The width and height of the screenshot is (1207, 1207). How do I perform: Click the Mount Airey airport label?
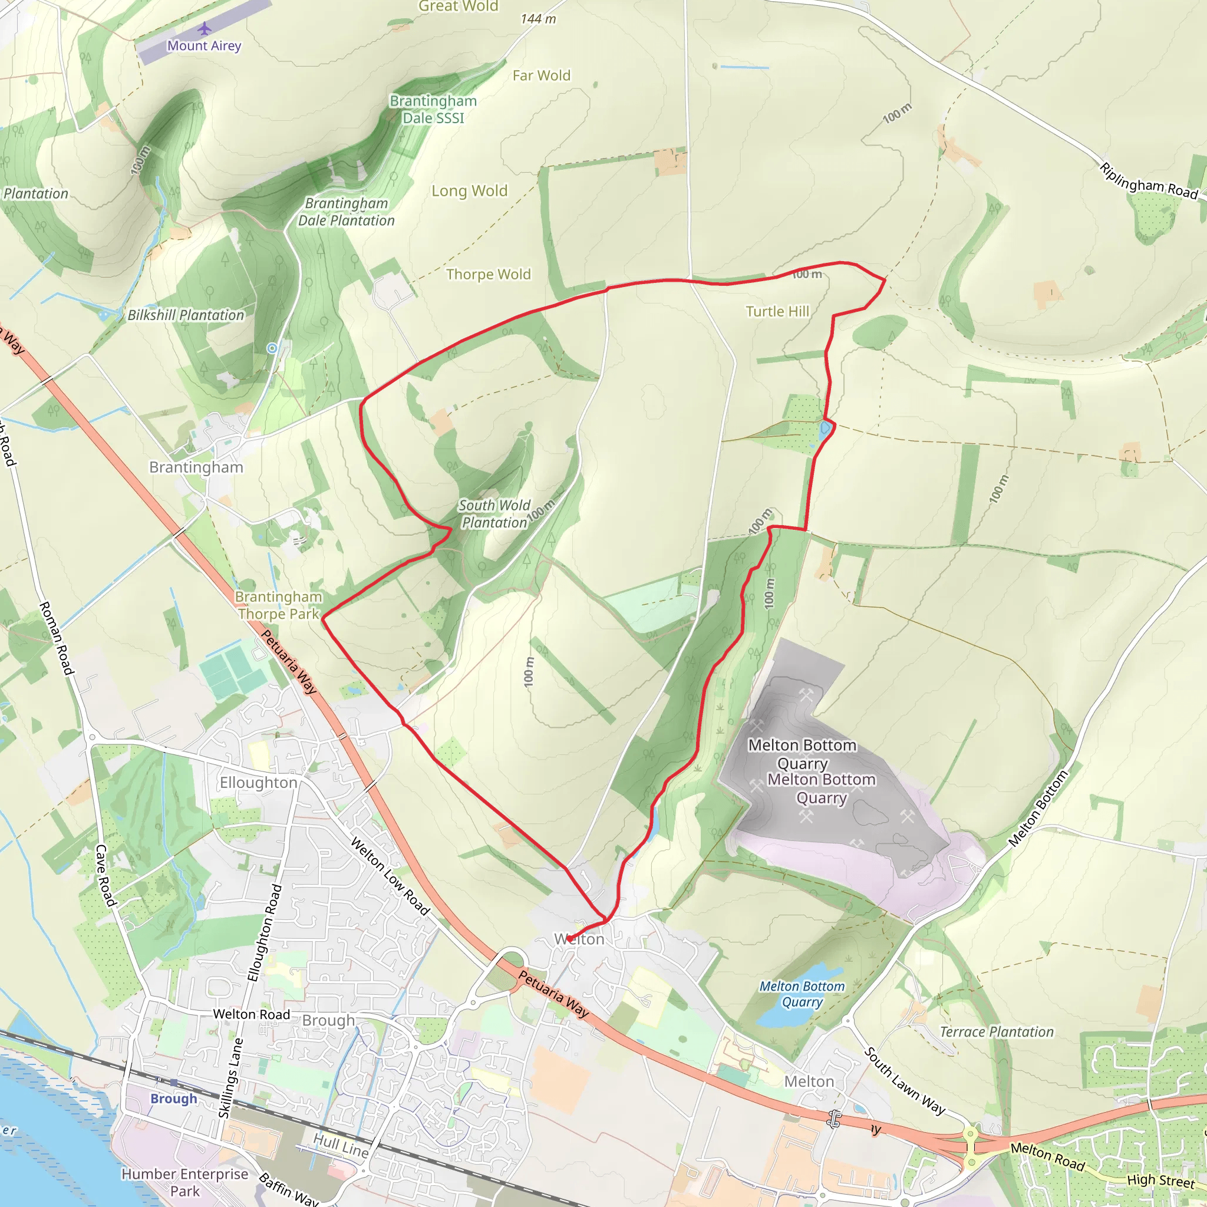(204, 45)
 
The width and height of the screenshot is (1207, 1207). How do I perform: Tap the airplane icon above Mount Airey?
(205, 29)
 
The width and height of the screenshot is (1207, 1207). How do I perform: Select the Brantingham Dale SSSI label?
(433, 110)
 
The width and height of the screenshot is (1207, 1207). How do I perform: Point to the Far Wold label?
(541, 75)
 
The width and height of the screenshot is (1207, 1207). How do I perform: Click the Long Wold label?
(469, 190)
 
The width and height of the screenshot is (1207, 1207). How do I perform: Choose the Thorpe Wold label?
(488, 274)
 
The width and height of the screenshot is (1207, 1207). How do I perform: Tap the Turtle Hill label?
(777, 311)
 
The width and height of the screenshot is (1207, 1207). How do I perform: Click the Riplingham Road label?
(1148, 181)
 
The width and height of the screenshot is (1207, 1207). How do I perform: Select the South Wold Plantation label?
(494, 513)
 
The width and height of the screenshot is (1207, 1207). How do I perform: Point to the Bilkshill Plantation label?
(186, 315)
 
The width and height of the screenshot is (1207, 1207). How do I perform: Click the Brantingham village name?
(196, 467)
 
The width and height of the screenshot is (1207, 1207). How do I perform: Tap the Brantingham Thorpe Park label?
(278, 605)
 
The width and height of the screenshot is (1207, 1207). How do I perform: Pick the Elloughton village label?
(258, 782)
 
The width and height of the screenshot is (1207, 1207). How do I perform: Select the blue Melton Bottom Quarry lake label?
(802, 994)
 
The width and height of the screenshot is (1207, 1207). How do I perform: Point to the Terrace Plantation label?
(997, 1032)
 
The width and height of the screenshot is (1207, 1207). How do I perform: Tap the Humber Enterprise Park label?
(184, 1182)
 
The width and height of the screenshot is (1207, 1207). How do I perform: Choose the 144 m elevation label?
(538, 19)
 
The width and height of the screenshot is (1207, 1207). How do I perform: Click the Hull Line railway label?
(341, 1145)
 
